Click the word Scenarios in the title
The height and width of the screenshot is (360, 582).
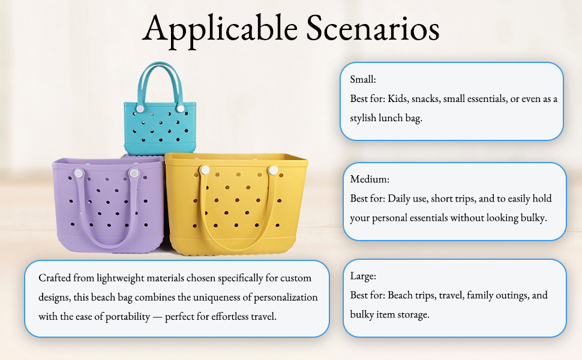point(373,28)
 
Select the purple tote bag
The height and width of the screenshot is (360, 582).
point(108,206)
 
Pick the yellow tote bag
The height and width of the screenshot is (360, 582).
point(236,204)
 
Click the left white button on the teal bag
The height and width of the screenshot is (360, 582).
point(140,109)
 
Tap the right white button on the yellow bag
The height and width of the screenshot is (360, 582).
point(273,170)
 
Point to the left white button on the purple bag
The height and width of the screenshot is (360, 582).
point(79,173)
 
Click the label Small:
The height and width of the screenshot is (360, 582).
point(363,79)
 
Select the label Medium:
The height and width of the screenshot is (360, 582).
point(370,179)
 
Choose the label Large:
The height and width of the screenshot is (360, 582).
point(363,277)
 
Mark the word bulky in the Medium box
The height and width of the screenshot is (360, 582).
point(534,218)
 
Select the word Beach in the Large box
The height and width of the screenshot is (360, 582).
point(400,295)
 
